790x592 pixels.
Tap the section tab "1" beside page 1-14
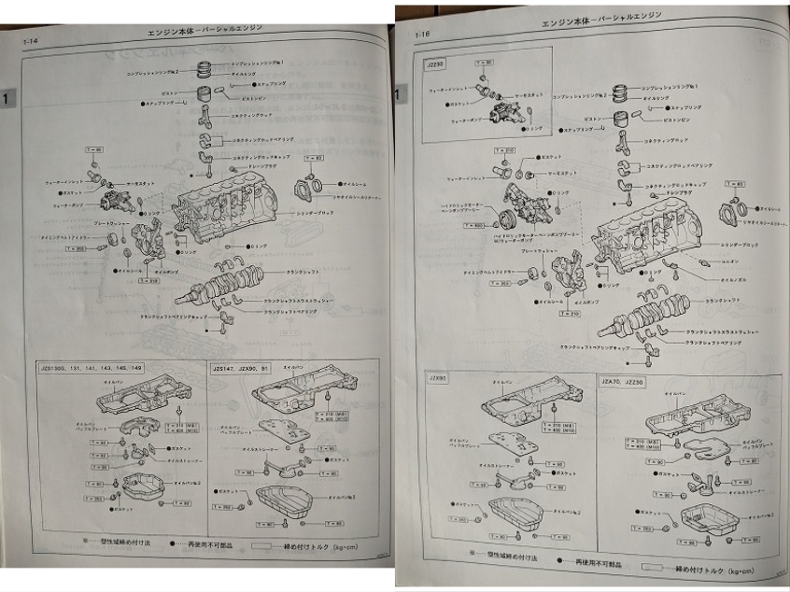coord(7,97)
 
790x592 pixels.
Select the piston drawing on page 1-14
coord(204,94)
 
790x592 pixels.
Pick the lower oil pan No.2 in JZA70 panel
coord(700,519)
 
